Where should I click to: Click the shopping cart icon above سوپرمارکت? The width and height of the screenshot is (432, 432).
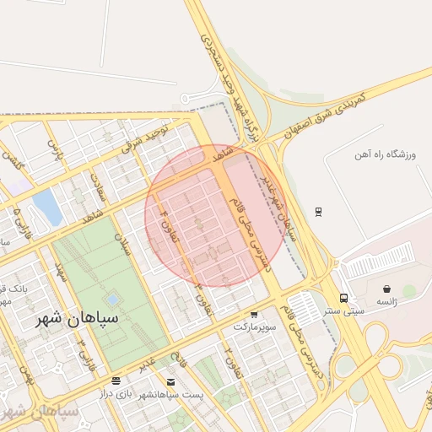coord(246,311)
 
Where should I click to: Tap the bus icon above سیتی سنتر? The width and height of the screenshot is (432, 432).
coord(343,298)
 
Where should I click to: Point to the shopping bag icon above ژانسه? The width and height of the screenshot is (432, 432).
coord(386,289)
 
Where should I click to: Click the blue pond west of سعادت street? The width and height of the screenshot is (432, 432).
coord(48,208)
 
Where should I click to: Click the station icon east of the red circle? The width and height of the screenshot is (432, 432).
coord(318,210)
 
